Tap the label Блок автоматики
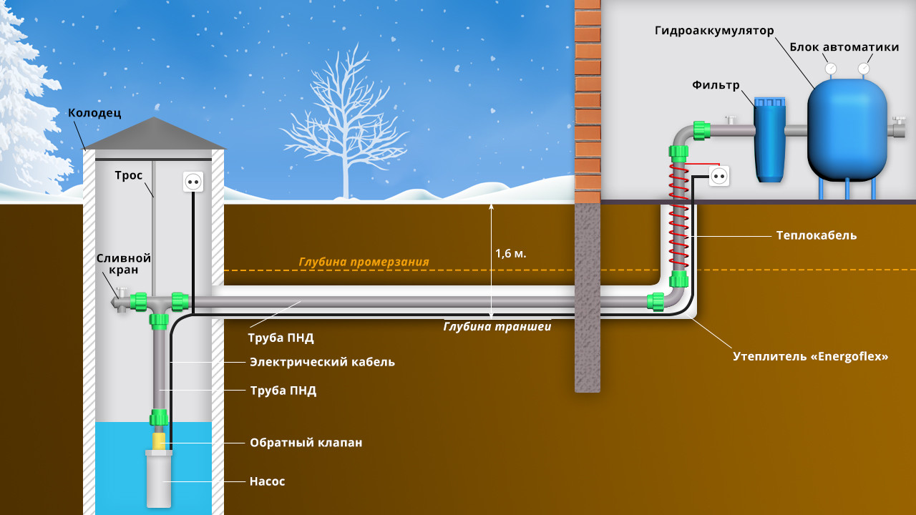(844, 47)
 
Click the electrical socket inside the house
(719, 175)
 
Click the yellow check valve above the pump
(159, 440)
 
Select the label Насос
(267, 481)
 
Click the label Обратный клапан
(306, 443)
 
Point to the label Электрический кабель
(322, 362)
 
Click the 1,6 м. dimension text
(511, 253)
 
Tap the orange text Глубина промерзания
(364, 262)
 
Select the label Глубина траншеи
(497, 326)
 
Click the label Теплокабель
(816, 235)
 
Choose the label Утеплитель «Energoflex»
(810, 355)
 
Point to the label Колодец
(94, 113)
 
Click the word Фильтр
(715, 85)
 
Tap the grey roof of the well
(154, 134)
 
